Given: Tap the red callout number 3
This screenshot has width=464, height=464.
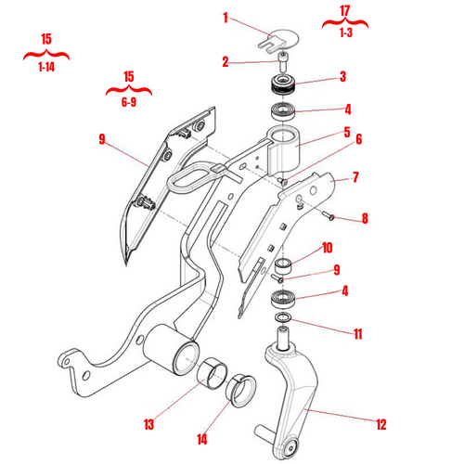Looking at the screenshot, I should coord(342,77).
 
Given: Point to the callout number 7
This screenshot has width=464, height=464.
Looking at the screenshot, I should coord(354,176).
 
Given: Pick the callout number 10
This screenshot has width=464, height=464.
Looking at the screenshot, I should coord(327,248).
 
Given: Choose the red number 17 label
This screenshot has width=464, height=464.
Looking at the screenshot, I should coord(345,11).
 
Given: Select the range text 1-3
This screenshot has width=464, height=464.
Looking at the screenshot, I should coord(345,32).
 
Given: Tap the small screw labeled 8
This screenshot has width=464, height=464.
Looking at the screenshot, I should coord(329,215).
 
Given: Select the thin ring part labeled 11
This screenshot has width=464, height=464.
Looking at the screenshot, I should coord(280,320).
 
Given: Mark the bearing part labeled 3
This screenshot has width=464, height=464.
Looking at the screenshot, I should coord(281,87).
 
